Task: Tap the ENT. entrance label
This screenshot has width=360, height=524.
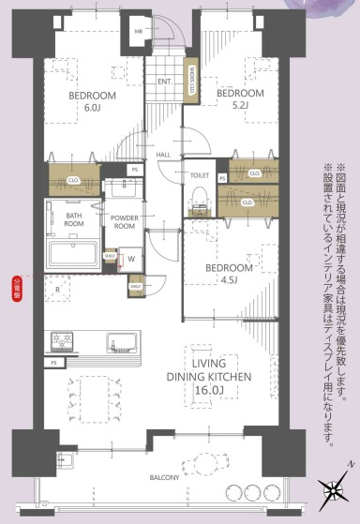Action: [164, 82]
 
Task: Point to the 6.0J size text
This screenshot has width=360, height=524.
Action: [92, 109]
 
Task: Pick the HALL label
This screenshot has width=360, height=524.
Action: [162, 156]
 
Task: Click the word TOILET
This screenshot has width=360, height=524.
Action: [199, 175]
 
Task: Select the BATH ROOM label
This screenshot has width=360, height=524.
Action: [74, 219]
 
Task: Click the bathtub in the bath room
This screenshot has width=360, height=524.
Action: [69, 253]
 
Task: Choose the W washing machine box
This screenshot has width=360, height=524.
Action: [130, 260]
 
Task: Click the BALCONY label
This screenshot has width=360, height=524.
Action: [162, 477]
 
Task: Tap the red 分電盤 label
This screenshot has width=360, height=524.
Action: [16, 286]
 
